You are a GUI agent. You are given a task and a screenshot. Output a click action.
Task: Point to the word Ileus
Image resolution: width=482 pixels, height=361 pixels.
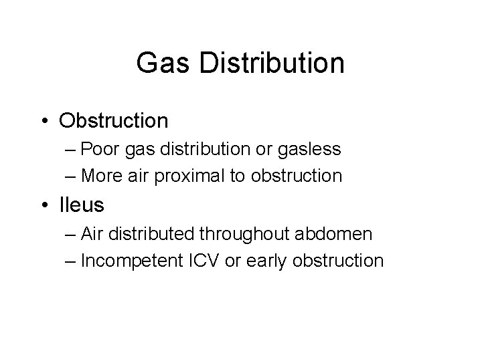[x=82, y=205]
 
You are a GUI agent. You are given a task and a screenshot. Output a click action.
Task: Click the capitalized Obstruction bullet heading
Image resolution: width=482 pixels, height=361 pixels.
[x=114, y=120]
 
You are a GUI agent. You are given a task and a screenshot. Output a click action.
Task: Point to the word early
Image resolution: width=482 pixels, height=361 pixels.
[x=266, y=260]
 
